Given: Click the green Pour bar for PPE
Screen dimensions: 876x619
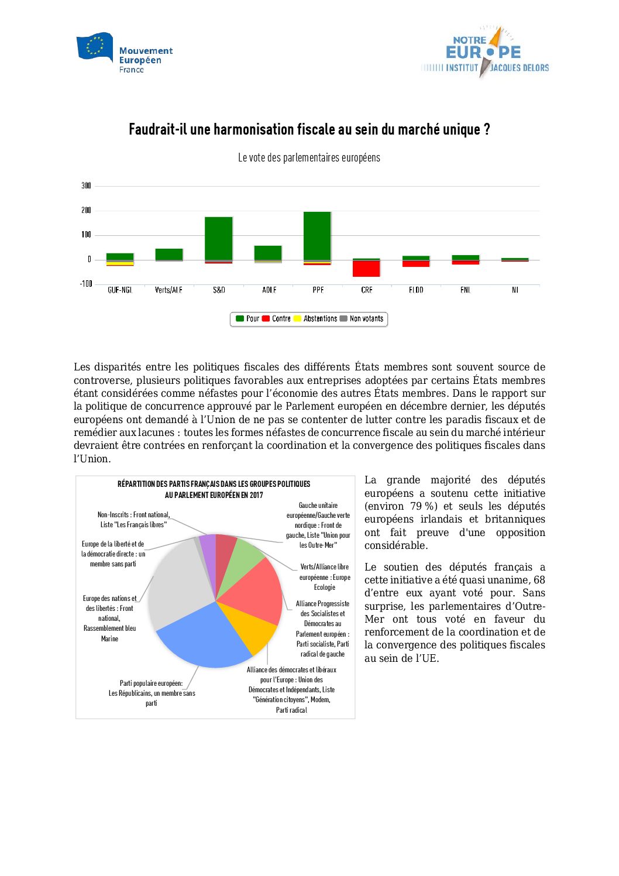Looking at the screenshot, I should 317,235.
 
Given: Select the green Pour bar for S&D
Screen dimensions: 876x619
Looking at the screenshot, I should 219,238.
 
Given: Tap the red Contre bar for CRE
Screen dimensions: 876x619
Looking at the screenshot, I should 366,269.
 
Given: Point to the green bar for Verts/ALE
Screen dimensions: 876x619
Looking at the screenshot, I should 169,254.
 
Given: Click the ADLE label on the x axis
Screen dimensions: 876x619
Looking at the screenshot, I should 269,290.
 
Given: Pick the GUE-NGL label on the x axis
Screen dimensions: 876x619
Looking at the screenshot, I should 120,290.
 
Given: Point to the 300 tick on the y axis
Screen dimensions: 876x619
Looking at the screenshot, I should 86,185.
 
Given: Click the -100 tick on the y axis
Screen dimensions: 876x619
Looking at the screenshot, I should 86,284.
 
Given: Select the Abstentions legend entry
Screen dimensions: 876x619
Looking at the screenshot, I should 315,319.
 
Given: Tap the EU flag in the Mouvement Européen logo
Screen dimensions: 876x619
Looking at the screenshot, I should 95,47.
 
